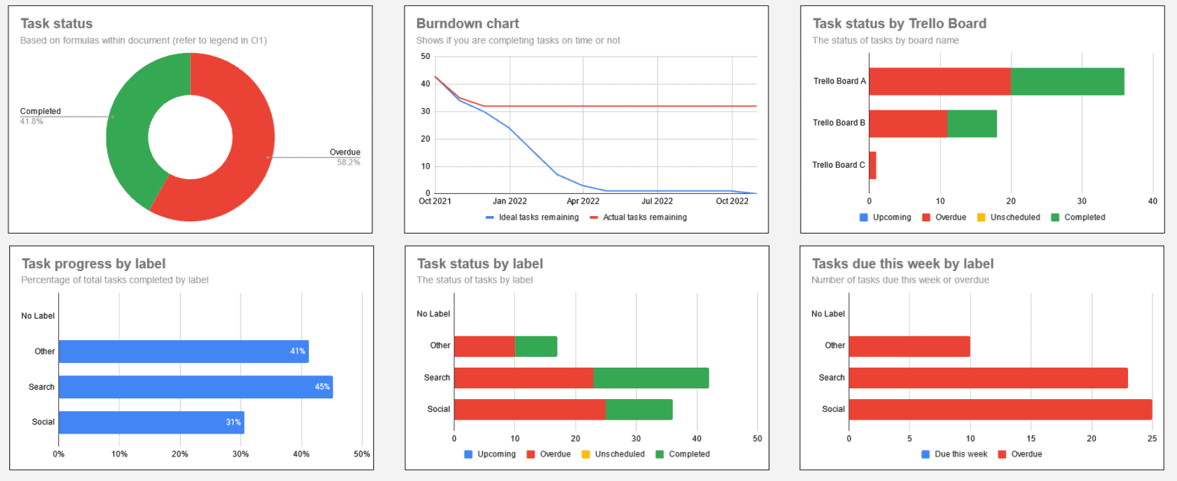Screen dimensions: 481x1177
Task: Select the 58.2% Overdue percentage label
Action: pos(348,162)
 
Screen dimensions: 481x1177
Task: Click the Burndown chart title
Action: pos(467,24)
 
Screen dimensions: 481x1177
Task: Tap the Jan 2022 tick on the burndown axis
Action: pos(509,201)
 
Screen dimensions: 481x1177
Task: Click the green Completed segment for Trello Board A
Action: pos(1067,81)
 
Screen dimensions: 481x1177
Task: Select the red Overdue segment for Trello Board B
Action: pos(908,123)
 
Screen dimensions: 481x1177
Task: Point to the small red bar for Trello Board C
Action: pos(872,165)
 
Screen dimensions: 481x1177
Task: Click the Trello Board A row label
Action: pos(839,81)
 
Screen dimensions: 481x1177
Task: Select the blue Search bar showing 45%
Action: pos(195,387)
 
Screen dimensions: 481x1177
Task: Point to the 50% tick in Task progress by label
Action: pos(362,454)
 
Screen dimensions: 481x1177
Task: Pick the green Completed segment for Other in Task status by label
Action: pos(536,346)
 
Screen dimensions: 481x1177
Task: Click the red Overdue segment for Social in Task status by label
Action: pos(529,410)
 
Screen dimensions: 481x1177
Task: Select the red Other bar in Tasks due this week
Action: pos(910,346)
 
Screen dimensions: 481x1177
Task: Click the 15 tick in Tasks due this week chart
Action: pos(1031,440)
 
